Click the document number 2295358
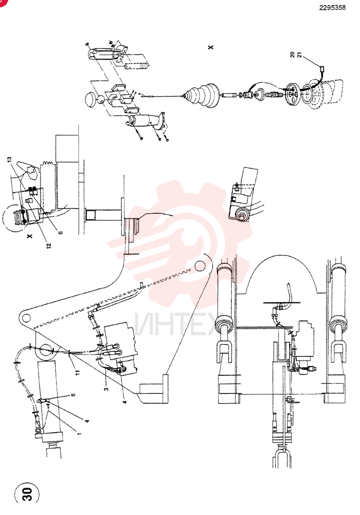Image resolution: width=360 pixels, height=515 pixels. click(x=332, y=8)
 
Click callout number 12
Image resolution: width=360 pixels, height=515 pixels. click(x=49, y=245)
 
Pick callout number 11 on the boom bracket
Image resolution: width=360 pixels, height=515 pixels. click(x=78, y=372)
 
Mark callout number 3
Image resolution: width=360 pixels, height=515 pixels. click(x=106, y=389)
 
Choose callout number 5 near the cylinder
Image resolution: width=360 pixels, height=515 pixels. click(x=74, y=394)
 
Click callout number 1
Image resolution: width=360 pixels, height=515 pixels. click(x=79, y=433)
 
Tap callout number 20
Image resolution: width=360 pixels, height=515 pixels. click(x=293, y=55)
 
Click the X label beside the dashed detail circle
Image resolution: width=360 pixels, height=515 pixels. click(x=30, y=236)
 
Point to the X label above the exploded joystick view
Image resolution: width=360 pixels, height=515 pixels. click(x=210, y=47)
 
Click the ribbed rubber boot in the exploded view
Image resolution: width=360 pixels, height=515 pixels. click(x=201, y=96)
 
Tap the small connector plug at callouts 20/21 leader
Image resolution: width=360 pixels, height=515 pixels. click(x=322, y=70)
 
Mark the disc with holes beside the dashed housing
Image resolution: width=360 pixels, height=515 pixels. click(x=291, y=94)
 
